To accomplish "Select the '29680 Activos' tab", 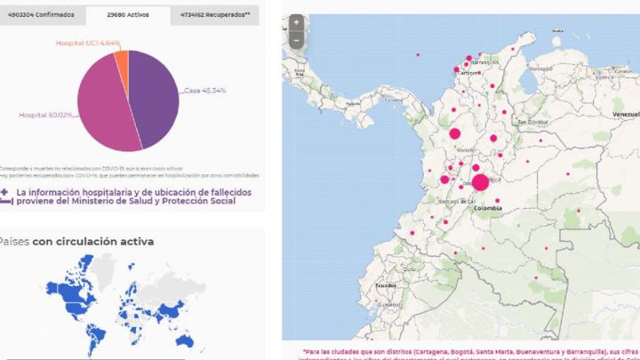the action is (127, 15).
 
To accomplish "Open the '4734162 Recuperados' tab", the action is (214, 15).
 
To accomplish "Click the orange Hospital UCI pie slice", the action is (121, 60).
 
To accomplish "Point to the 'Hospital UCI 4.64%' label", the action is (88, 43).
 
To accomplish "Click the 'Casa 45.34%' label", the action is (204, 90).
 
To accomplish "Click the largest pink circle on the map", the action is (480, 183).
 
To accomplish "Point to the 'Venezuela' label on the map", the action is (626, 116).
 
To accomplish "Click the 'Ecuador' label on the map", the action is (386, 285).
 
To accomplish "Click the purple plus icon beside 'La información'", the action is (6, 191).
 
